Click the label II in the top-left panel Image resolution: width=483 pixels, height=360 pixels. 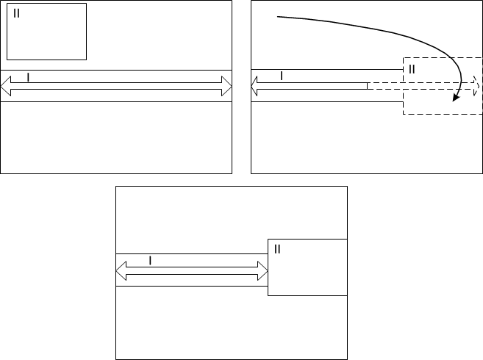click(x=17, y=13)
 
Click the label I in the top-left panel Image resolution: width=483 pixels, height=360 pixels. click(x=28, y=76)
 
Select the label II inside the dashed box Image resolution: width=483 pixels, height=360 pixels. click(x=412, y=68)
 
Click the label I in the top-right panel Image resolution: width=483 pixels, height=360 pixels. click(x=281, y=76)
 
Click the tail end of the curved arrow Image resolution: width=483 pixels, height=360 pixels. click(x=278, y=17)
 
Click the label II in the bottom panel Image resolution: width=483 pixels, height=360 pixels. click(x=277, y=249)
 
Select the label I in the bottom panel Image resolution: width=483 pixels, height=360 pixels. click(x=151, y=260)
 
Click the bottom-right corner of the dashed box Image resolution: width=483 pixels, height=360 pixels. click(x=481, y=114)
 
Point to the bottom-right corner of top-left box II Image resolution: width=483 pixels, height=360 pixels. click(x=87, y=60)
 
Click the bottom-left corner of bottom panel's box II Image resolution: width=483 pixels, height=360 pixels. click(x=268, y=295)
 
